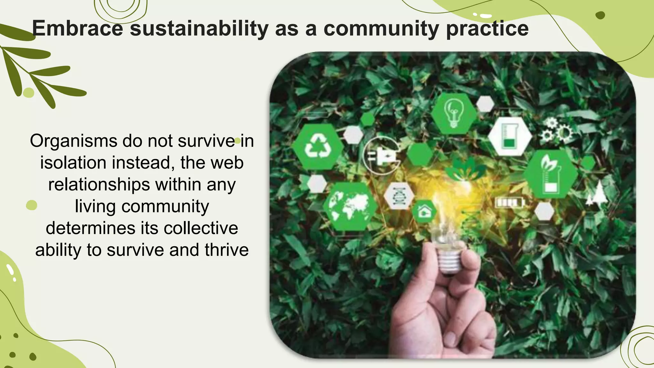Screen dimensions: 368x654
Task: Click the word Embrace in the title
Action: [x=78, y=29]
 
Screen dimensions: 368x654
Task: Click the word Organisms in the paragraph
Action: [x=73, y=141]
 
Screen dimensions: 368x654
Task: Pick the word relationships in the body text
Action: [x=99, y=185]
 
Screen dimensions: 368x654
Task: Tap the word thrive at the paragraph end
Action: [x=226, y=250]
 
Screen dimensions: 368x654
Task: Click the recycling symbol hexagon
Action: [x=317, y=147]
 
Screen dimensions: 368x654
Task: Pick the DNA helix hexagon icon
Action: [x=399, y=196]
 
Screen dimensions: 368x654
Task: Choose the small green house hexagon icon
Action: [x=424, y=211]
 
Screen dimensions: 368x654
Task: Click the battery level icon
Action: [x=509, y=203]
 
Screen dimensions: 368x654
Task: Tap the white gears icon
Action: [x=557, y=130]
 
